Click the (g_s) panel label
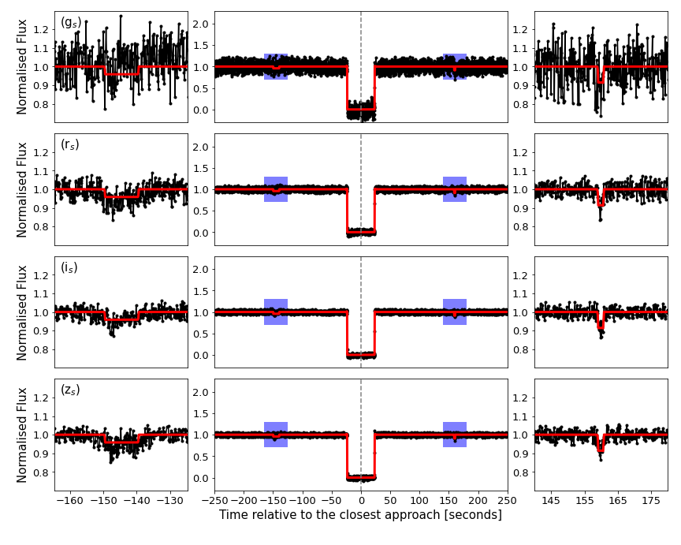pos(71,23)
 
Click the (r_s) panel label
pos(70,145)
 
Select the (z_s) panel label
pos(70,390)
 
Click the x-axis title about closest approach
pos(360,515)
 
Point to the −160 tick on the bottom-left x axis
pos(71,500)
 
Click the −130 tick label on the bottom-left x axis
pos(171,500)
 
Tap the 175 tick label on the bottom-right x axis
pos(652,500)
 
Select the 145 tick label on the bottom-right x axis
pos(551,500)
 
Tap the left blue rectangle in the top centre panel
pos(276,66)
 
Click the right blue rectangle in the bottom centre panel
pos(455,435)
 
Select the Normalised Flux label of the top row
pos(22,67)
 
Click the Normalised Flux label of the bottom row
pos(22,435)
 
